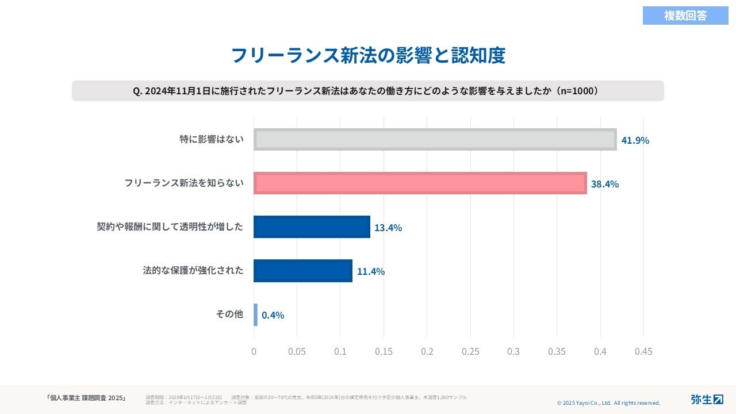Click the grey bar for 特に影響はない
[x=435, y=140]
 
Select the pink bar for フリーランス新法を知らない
[x=420, y=183]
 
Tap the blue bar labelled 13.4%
[x=312, y=227]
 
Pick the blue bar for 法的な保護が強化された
[x=303, y=271]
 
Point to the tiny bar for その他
[x=255, y=315]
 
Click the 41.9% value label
[x=635, y=140]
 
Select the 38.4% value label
[x=605, y=184]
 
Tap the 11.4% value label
[x=371, y=271]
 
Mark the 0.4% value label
[x=273, y=315]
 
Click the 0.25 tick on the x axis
[x=470, y=351]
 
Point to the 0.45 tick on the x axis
[x=643, y=351]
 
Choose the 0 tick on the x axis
[x=254, y=351]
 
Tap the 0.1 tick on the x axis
[x=340, y=351]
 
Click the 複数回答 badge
[x=685, y=16]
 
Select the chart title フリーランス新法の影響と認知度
[x=368, y=55]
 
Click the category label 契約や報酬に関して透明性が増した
[x=170, y=227]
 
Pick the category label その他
[x=229, y=315]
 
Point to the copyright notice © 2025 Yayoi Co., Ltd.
[x=608, y=403]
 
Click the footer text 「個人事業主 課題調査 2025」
[x=86, y=398]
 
